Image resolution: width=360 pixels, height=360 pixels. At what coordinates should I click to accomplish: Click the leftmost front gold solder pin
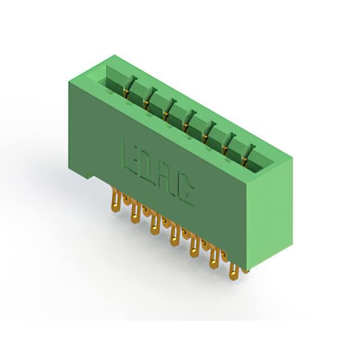point(116,200)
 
